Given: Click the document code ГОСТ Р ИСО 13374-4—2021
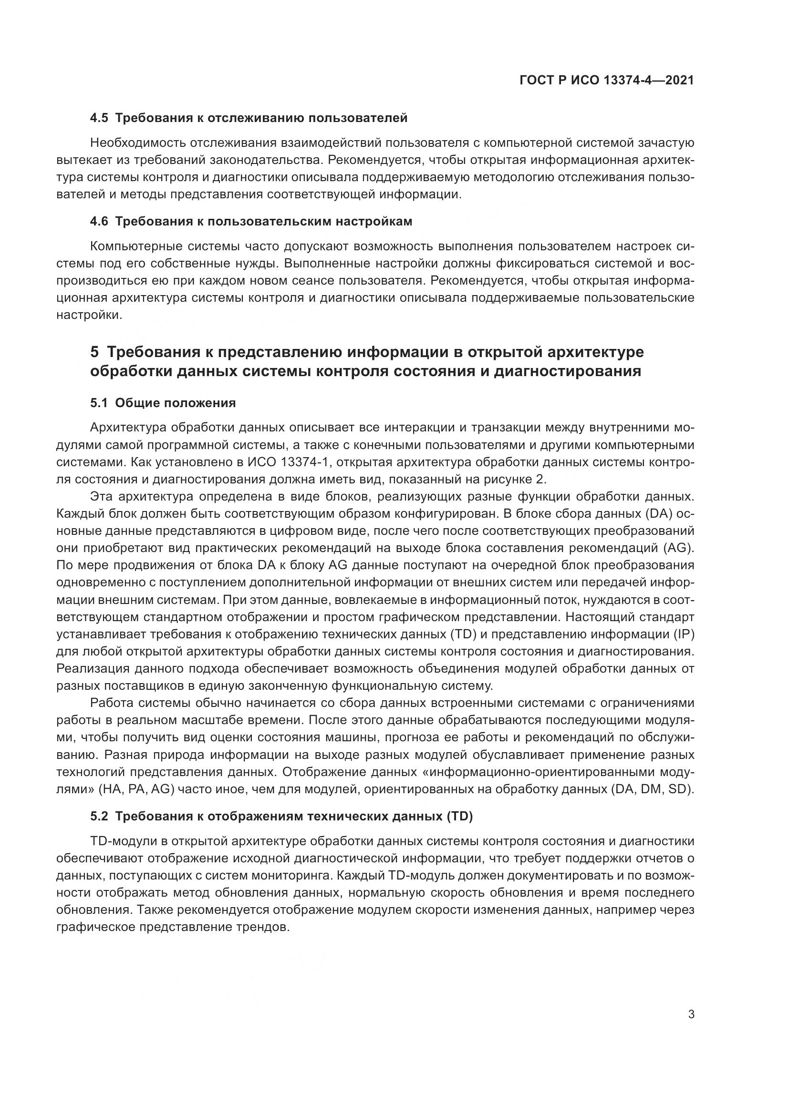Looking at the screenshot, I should click(606, 81).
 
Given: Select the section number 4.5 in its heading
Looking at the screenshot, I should click(100, 118).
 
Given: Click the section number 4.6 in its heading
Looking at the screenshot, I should click(100, 222).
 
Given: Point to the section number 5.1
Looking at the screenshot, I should click(100, 403).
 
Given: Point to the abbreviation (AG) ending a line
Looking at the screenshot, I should click(679, 548).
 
